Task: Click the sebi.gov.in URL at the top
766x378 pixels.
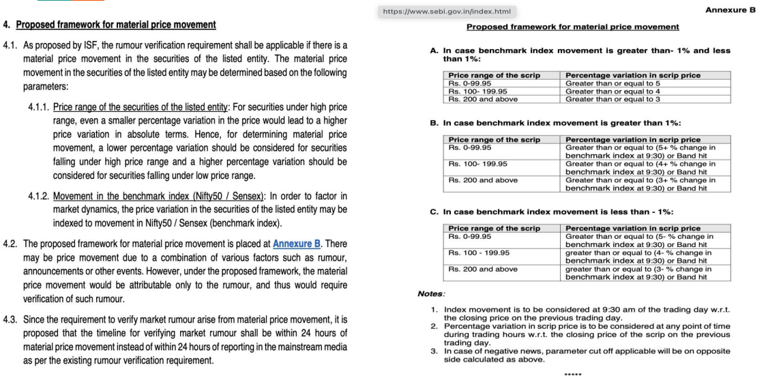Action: [449, 12]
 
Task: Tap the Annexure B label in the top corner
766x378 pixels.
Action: [730, 10]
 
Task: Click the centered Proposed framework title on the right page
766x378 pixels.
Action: [572, 27]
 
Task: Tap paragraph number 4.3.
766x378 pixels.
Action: [12, 319]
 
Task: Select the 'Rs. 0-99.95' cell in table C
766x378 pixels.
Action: [470, 236]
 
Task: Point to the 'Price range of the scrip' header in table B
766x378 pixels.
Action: [494, 139]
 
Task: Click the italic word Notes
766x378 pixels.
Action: [431, 293]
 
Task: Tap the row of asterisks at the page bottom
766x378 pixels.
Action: [572, 373]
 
